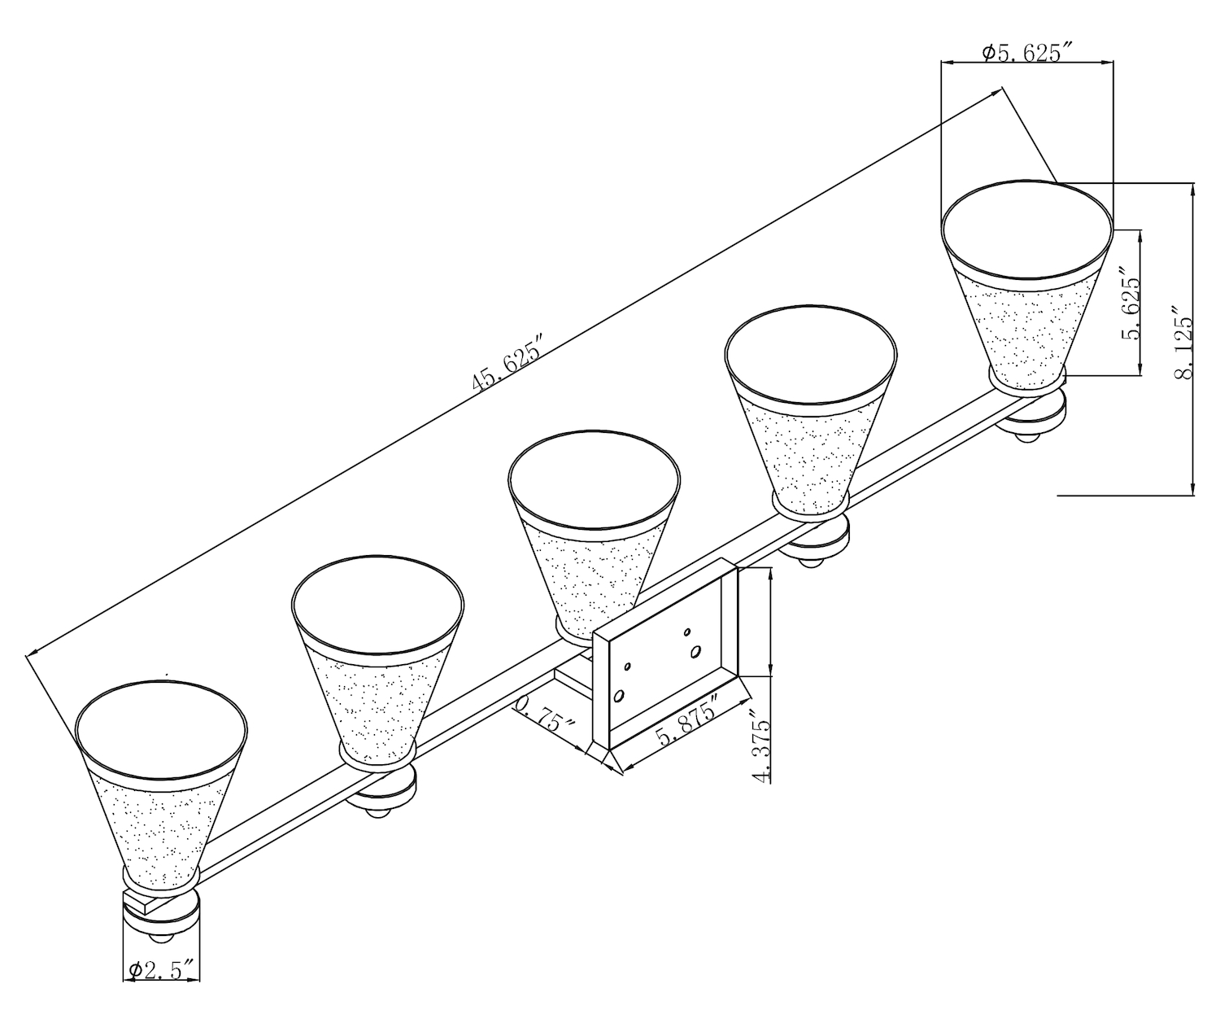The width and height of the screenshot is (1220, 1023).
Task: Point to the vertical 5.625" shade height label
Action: pyautogui.click(x=1131, y=304)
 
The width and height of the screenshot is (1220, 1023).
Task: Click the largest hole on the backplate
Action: pyautogui.click(x=695, y=651)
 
